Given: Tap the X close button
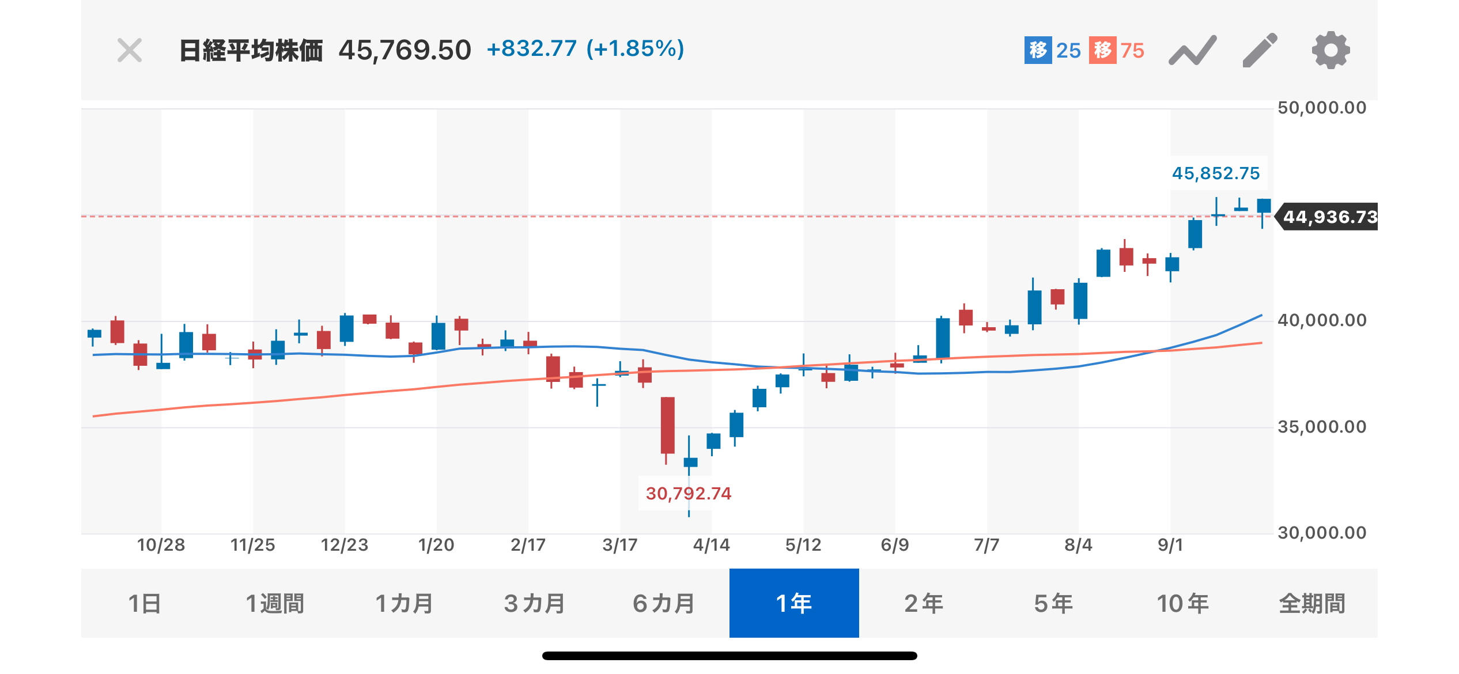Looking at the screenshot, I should tap(130, 51).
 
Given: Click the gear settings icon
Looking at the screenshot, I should tap(1331, 51).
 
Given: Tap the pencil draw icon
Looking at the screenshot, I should tap(1260, 51).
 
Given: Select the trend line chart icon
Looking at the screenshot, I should tap(1192, 51).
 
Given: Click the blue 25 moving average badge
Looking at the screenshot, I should tap(1053, 51).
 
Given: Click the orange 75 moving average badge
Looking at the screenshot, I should tap(1117, 51).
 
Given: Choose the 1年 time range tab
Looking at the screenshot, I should tap(794, 603).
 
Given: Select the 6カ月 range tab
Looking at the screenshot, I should tap(664, 603).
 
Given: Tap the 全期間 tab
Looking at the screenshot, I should tap(1312, 603).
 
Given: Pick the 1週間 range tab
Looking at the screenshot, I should tap(275, 603).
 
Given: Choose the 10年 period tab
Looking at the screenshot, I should tap(1182, 603).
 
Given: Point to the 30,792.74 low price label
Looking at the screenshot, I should tap(688, 494).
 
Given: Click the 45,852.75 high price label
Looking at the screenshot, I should tap(1216, 173).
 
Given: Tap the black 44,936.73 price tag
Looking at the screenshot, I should tap(1329, 217).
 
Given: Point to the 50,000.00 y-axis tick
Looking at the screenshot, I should tap(1322, 108).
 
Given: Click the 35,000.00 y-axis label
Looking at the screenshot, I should tap(1322, 427).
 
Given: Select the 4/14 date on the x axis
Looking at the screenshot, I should tap(711, 545).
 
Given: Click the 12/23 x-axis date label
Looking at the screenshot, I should tap(344, 545).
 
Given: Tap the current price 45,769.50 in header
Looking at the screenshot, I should tap(405, 51).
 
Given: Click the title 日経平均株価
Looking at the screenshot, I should tap(251, 51).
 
